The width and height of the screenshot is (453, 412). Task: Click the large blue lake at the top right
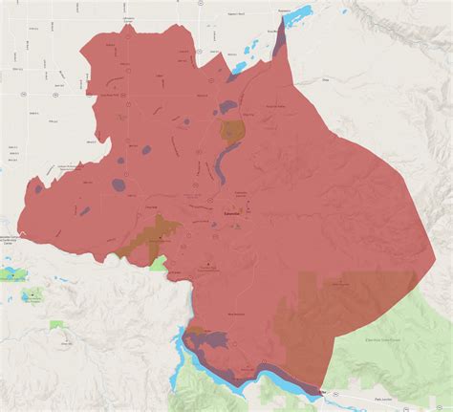[298, 16]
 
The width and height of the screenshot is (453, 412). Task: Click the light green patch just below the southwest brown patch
[159, 262]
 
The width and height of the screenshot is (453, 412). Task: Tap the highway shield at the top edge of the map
[200, 4]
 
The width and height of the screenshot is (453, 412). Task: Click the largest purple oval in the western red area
[119, 184]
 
